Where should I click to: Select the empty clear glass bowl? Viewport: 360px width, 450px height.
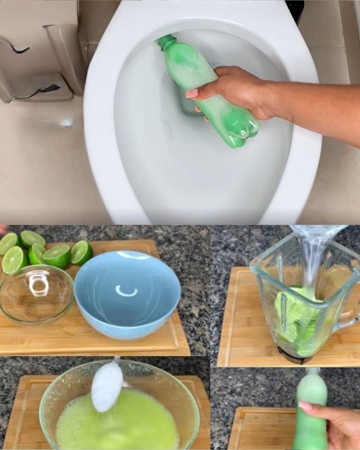click(x=36, y=294)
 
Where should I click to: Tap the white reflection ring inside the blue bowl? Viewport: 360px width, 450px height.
click(x=126, y=290)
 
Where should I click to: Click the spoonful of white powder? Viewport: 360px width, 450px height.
click(x=106, y=384)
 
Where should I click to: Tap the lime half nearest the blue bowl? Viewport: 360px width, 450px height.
click(x=81, y=252)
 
